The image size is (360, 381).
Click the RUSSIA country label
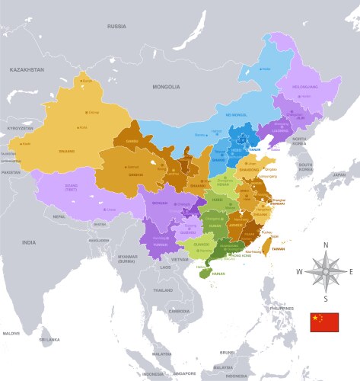(x=116, y=26)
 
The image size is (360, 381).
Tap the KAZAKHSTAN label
(x=27, y=69)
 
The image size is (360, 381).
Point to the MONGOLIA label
(x=167, y=87)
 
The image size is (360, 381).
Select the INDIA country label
(x=28, y=242)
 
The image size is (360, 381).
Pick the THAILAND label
(x=163, y=290)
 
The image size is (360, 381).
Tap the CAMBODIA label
(x=180, y=311)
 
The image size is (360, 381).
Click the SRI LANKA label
(x=49, y=339)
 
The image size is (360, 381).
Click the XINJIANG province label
(x=68, y=150)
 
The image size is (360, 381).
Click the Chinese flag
(x=323, y=322)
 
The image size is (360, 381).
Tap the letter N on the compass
(x=326, y=245)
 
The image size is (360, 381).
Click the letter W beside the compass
(x=299, y=272)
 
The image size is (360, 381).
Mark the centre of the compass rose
(x=326, y=271)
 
